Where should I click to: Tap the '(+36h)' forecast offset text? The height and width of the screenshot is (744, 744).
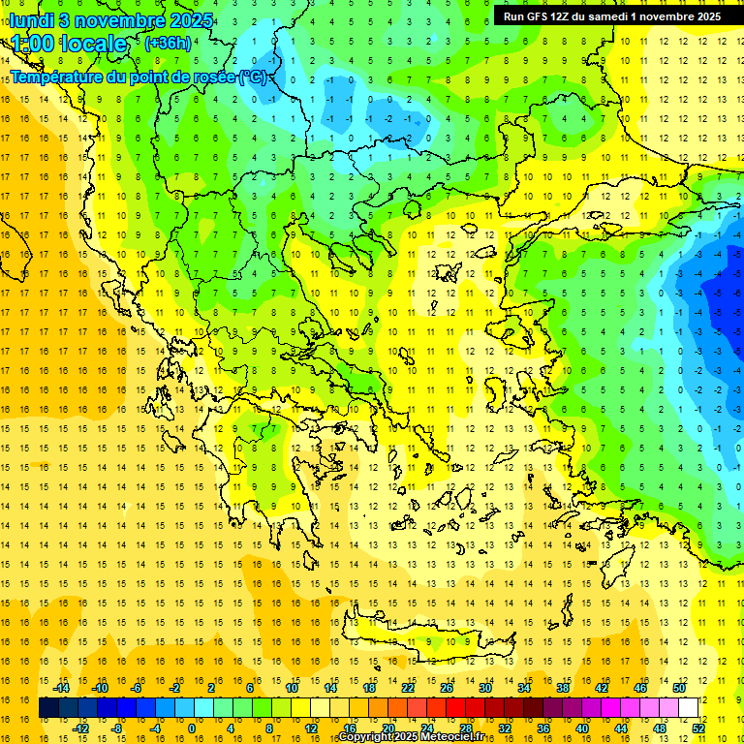coord(167,43)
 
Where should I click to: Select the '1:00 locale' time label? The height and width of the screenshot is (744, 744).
coord(69,44)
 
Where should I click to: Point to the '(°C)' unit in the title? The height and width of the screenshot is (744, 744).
coord(253,77)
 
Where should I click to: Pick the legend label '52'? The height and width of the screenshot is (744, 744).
coord(698,728)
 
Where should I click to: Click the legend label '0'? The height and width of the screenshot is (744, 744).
coord(192,728)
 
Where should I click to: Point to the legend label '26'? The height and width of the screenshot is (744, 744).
coord(447,688)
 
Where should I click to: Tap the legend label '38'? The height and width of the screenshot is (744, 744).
coord(563,688)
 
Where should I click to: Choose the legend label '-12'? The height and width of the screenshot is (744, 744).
coord(80,728)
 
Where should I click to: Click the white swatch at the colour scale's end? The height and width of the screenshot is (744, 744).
coord(688,708)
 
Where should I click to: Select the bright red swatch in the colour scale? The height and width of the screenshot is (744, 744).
coord(455,708)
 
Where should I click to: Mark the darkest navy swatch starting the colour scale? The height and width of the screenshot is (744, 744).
coord(48,708)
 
